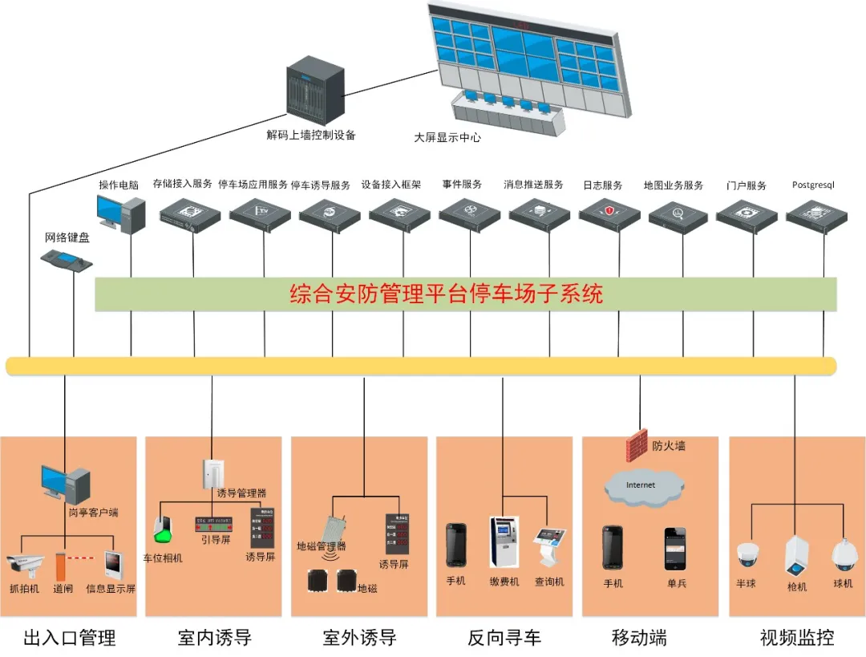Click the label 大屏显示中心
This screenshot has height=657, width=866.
(x=447, y=137)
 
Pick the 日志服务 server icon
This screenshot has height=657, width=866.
(x=609, y=213)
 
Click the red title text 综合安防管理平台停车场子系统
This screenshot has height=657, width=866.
(x=446, y=294)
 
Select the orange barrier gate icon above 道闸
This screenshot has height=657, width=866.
(x=60, y=565)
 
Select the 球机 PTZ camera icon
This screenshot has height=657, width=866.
(x=843, y=554)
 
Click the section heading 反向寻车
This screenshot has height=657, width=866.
(x=504, y=638)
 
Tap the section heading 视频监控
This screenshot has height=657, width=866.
(x=796, y=638)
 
